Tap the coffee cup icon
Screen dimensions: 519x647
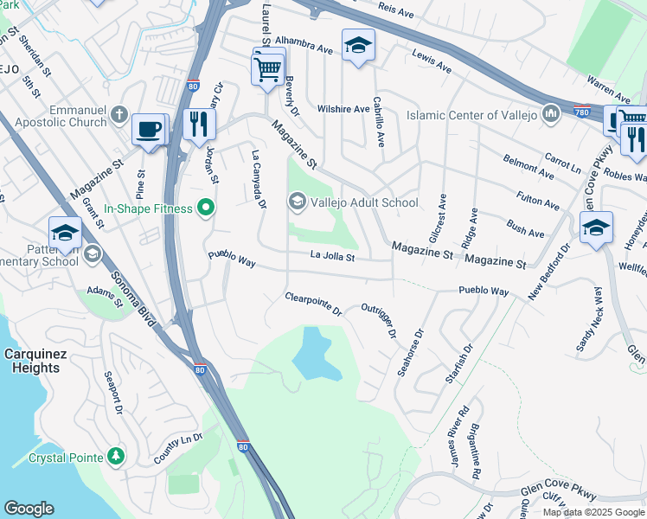[x=149, y=129]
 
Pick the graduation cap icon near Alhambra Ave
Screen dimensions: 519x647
[x=356, y=45]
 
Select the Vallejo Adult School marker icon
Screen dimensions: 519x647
[x=297, y=202]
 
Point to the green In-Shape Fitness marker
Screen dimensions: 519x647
[x=205, y=208]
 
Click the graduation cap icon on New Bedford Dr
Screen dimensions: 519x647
[x=595, y=227]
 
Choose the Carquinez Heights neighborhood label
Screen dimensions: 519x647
[x=31, y=361]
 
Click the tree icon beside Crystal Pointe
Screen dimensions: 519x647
[x=116, y=457]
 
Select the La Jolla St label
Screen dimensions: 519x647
[x=333, y=256]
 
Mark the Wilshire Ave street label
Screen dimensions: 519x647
[x=343, y=109]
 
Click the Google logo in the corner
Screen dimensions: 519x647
[x=29, y=509]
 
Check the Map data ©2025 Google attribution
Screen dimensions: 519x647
[x=593, y=512]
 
